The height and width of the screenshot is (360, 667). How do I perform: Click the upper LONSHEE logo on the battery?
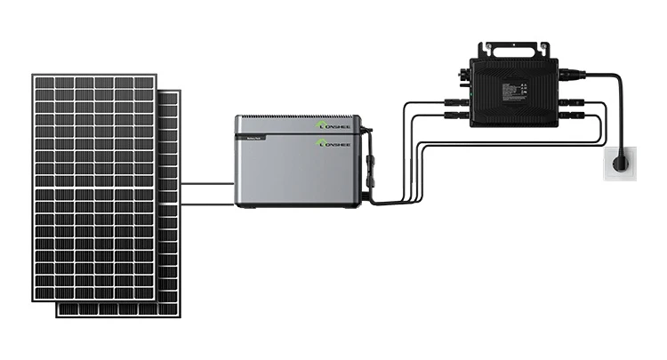(334, 125)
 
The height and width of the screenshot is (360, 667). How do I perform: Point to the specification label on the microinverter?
(518, 92)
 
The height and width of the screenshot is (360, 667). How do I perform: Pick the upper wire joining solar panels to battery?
(208, 184)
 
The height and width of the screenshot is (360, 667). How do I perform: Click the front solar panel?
(93, 187)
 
